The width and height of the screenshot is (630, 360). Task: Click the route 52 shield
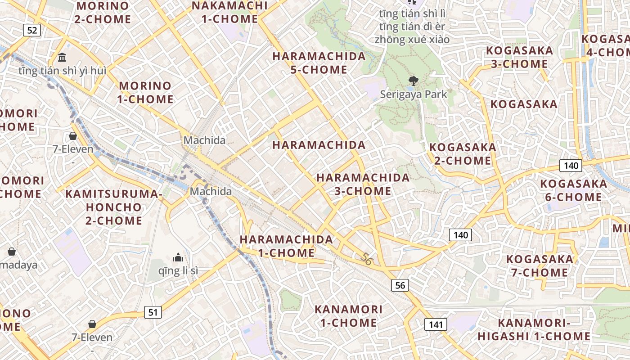pyautogui.click(x=32, y=30)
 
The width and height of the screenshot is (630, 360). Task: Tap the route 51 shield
pyautogui.click(x=153, y=312)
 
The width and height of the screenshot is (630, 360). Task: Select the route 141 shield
pyautogui.click(x=436, y=324)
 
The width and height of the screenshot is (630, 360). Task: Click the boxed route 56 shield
pyautogui.click(x=400, y=285)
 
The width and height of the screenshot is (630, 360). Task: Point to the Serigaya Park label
pyautogui.click(x=414, y=94)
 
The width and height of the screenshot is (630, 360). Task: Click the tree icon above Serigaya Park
pyautogui.click(x=412, y=81)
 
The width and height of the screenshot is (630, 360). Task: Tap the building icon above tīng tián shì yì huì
pyautogui.click(x=63, y=58)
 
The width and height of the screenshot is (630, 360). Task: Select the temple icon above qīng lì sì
pyautogui.click(x=178, y=257)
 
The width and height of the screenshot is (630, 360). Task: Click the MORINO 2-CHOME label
pyautogui.click(x=103, y=13)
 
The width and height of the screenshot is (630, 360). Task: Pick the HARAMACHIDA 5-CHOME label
pyautogui.click(x=319, y=63)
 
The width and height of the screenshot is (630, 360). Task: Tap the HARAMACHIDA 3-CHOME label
pyautogui.click(x=363, y=184)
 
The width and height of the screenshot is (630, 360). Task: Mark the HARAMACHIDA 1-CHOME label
pyautogui.click(x=286, y=246)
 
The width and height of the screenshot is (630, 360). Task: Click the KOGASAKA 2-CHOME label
pyautogui.click(x=463, y=154)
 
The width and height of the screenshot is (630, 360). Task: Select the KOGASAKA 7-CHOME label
pyautogui.click(x=540, y=265)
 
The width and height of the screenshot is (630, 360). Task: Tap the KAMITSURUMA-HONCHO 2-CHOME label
pyautogui.click(x=114, y=207)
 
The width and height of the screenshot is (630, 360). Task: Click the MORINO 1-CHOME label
pyautogui.click(x=145, y=92)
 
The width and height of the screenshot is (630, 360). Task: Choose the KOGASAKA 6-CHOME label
pyautogui.click(x=573, y=190)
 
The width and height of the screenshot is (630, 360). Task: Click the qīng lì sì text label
pyautogui.click(x=178, y=271)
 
